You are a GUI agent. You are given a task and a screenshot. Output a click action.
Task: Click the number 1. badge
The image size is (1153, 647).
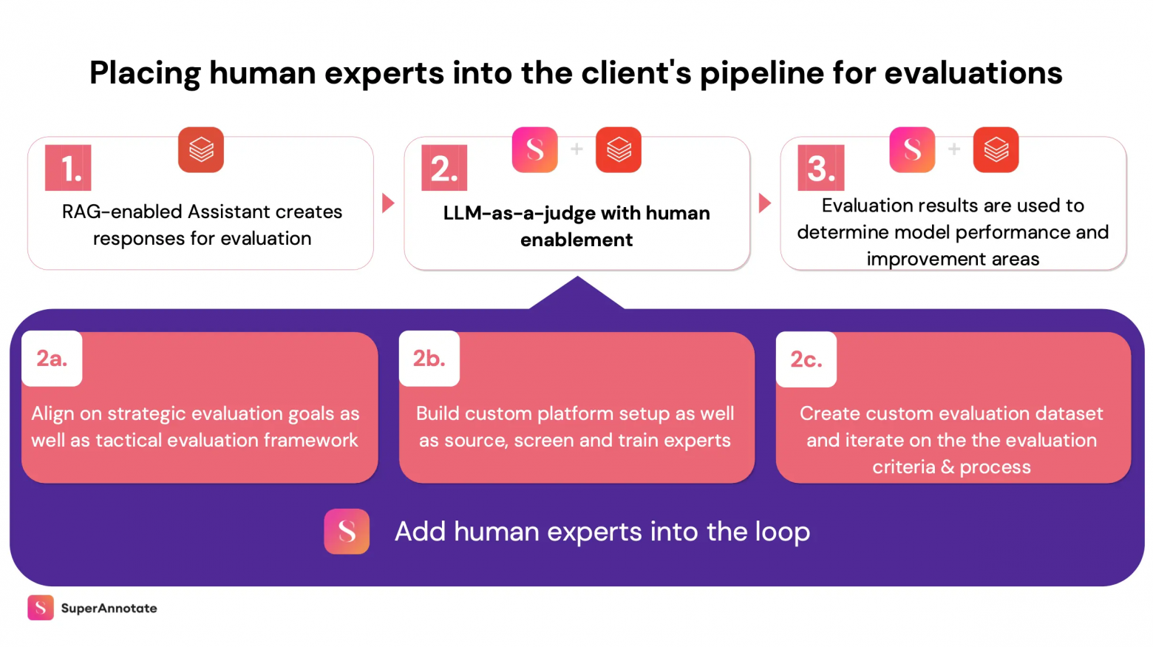pyautogui.click(x=68, y=168)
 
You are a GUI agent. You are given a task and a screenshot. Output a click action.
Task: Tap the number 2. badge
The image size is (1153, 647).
pyautogui.click(x=444, y=168)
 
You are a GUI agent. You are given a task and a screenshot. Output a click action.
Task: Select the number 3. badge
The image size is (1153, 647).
pyautogui.click(x=820, y=168)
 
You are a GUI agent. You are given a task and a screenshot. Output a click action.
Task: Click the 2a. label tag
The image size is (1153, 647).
pyautogui.click(x=52, y=359)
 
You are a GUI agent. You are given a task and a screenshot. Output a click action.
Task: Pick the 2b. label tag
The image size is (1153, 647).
pyautogui.click(x=429, y=359)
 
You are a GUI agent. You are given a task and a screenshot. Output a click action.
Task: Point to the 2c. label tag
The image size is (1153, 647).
pyautogui.click(x=806, y=359)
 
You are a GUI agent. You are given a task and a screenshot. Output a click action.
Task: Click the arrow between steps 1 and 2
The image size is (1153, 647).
pyautogui.click(x=388, y=203)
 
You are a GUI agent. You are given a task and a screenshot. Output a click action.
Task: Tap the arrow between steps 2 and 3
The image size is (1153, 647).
pyautogui.click(x=765, y=203)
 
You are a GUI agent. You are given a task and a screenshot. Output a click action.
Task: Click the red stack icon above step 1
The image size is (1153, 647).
pyautogui.click(x=201, y=149)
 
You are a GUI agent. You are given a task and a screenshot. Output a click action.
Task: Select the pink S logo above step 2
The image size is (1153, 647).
pyautogui.click(x=534, y=149)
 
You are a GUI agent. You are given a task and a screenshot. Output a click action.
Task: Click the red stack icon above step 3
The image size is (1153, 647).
pyautogui.click(x=996, y=149)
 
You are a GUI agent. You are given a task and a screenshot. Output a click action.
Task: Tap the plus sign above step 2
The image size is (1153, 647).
pyautogui.click(x=576, y=149)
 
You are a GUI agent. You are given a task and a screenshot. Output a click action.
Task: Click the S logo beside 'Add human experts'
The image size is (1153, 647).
pyautogui.click(x=347, y=531)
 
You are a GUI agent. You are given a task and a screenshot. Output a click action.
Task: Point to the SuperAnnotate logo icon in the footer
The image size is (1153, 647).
pyautogui.click(x=41, y=608)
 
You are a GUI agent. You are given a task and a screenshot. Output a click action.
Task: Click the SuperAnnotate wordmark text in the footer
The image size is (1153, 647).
pyautogui.click(x=109, y=608)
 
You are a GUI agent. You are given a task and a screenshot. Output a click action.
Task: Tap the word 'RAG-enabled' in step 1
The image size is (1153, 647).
pyautogui.click(x=122, y=212)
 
